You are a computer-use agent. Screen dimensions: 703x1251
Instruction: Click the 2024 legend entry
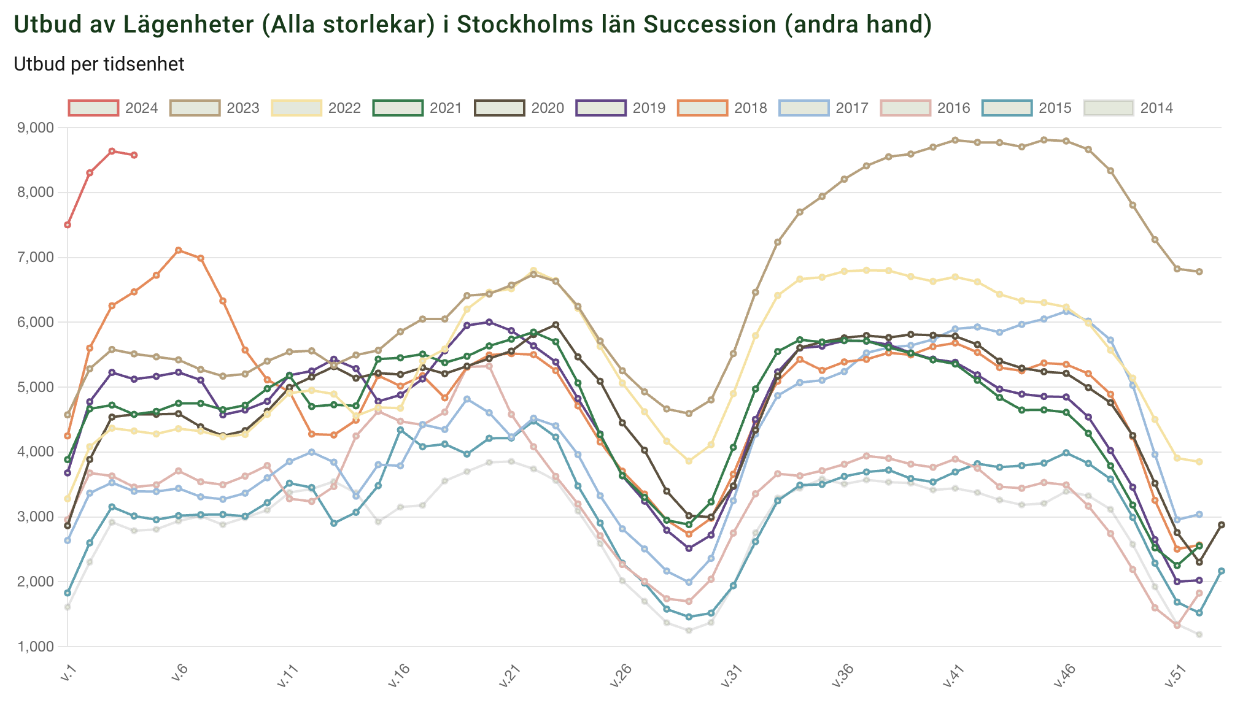click(x=113, y=108)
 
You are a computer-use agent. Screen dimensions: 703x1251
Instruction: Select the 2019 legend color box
click(x=601, y=108)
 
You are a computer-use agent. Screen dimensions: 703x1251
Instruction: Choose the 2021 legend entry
click(x=417, y=108)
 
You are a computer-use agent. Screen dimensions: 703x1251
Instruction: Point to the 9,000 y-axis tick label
click(x=36, y=128)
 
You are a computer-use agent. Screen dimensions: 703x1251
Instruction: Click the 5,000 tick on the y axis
click(x=36, y=387)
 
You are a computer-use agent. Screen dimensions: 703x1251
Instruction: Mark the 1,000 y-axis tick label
click(x=36, y=647)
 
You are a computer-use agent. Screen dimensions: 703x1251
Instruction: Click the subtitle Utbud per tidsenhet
click(x=99, y=64)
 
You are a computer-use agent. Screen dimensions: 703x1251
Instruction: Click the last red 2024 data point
click(x=134, y=155)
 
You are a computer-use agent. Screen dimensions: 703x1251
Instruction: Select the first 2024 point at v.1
click(x=68, y=225)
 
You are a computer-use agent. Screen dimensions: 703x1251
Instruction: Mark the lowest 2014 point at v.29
click(x=689, y=631)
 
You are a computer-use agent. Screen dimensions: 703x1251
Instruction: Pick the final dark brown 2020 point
click(x=1222, y=525)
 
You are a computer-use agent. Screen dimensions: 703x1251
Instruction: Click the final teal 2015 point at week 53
click(x=1222, y=571)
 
